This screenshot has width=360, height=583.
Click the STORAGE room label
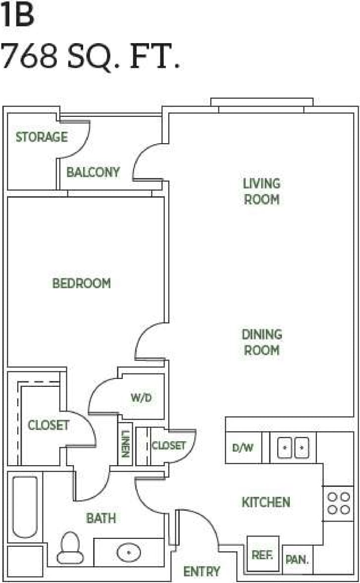(42, 137)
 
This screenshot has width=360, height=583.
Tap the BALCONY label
(93, 172)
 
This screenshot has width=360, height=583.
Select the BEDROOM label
(82, 283)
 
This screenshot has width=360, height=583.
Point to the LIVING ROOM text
(261, 191)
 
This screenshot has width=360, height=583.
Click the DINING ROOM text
(262, 342)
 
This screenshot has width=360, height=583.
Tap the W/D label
(140, 397)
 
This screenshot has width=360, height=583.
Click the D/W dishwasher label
(243, 448)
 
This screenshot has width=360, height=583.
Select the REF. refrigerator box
(262, 555)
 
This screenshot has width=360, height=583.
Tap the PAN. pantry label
(297, 560)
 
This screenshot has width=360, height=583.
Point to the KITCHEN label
(265, 502)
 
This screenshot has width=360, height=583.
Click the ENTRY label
(202, 571)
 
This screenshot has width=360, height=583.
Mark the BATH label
(101, 519)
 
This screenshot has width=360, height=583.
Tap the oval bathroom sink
(129, 551)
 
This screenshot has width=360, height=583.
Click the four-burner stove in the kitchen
(339, 503)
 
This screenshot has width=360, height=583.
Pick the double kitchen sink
(293, 447)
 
